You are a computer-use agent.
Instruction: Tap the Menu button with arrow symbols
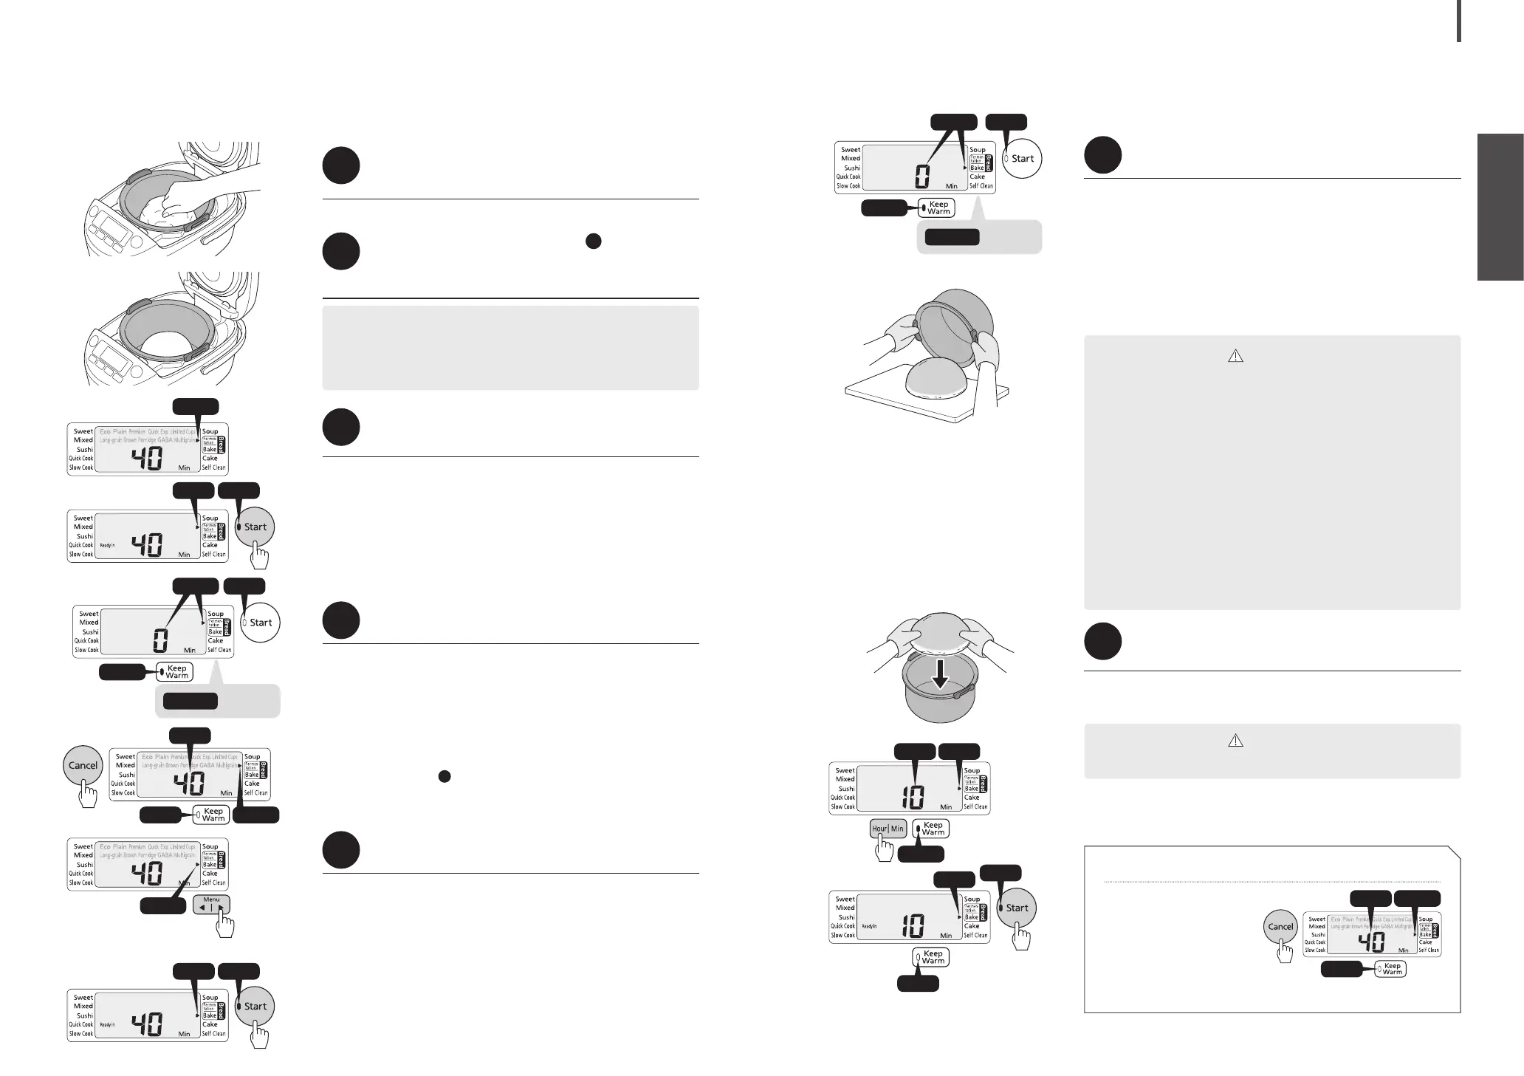point(211,904)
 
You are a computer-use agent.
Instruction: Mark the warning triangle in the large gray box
point(1235,356)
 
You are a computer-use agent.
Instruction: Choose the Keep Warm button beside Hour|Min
point(931,829)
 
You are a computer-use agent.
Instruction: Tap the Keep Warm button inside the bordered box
point(1390,969)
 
